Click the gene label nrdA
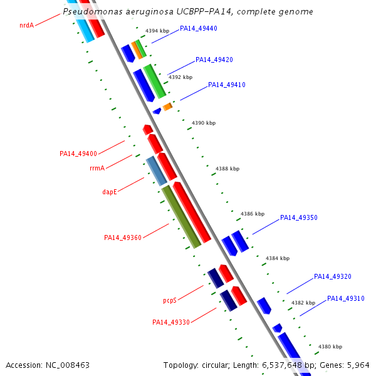[x=26, y=26]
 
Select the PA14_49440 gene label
[x=198, y=28]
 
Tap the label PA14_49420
[x=214, y=60]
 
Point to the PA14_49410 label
[x=227, y=85]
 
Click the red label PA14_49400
[x=78, y=154]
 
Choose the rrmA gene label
[x=97, y=168]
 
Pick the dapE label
[x=110, y=192]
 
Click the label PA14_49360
[x=123, y=238]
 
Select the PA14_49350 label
[x=299, y=218]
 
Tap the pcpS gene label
[x=170, y=300]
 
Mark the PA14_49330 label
[x=171, y=322]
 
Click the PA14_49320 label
[x=333, y=276]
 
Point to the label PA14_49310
[x=346, y=298]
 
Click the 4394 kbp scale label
[x=157, y=31]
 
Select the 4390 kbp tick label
[x=203, y=123]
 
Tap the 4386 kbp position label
[x=253, y=214]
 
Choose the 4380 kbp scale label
[x=330, y=347]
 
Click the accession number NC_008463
[x=48, y=365]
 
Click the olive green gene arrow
[x=182, y=216]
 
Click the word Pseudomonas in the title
[x=93, y=12]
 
